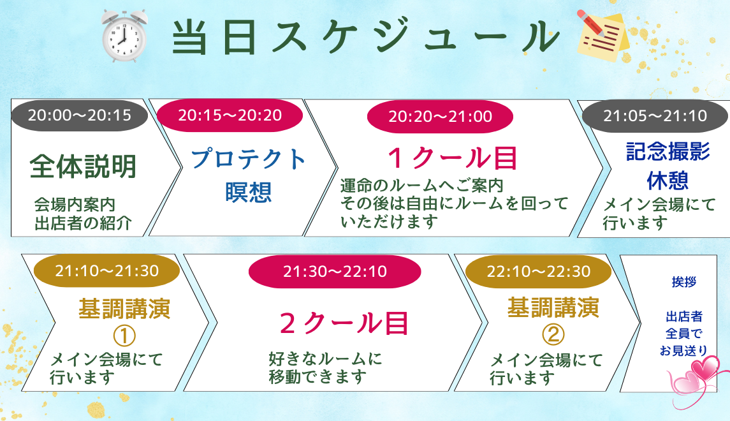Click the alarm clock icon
pos(124,36)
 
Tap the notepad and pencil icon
pos(603,36)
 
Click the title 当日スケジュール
pos(365,37)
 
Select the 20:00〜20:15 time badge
pos(80,115)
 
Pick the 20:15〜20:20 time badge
pos(230,115)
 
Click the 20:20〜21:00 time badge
pos(440,116)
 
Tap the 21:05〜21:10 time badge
pos(655,115)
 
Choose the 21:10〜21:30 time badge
pos(106,270)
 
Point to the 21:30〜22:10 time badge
pos(335,271)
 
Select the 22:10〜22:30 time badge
pos(538,271)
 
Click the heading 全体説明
pos(83,166)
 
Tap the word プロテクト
pos(248,158)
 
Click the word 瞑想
pos(248,192)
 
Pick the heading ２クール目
pos(344,323)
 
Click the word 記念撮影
pos(668,152)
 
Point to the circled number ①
pos(124,336)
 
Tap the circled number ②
pos(553,334)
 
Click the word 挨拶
pos(684,282)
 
